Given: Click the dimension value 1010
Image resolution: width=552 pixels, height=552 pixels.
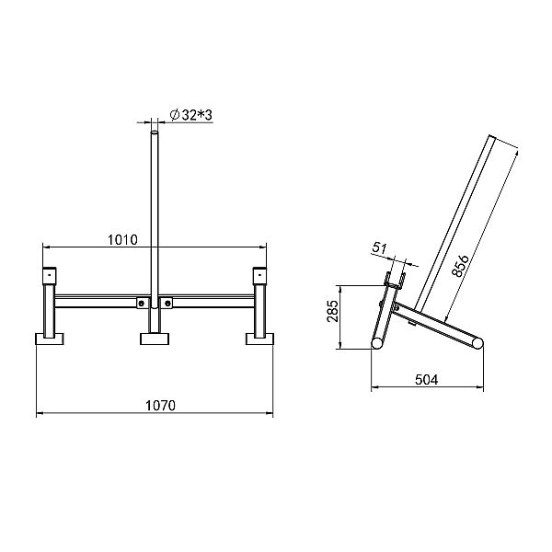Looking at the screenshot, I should pos(121,240).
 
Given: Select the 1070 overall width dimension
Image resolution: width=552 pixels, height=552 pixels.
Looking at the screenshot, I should pos(159,405).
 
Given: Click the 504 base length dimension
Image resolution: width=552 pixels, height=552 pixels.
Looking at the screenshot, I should pos(426,378).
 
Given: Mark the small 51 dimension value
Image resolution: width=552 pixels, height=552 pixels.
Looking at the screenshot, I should pos(380,247).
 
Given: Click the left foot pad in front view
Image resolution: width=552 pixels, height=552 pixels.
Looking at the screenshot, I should pos(50,339).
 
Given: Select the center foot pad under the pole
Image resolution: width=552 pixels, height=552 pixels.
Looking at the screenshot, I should pos(154,339).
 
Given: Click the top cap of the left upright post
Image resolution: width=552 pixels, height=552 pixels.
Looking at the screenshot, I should pos(50,276).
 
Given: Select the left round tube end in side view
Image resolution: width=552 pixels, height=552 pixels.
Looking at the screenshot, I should pos(376,342).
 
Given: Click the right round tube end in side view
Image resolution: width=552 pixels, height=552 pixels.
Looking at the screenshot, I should pos(475,342).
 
